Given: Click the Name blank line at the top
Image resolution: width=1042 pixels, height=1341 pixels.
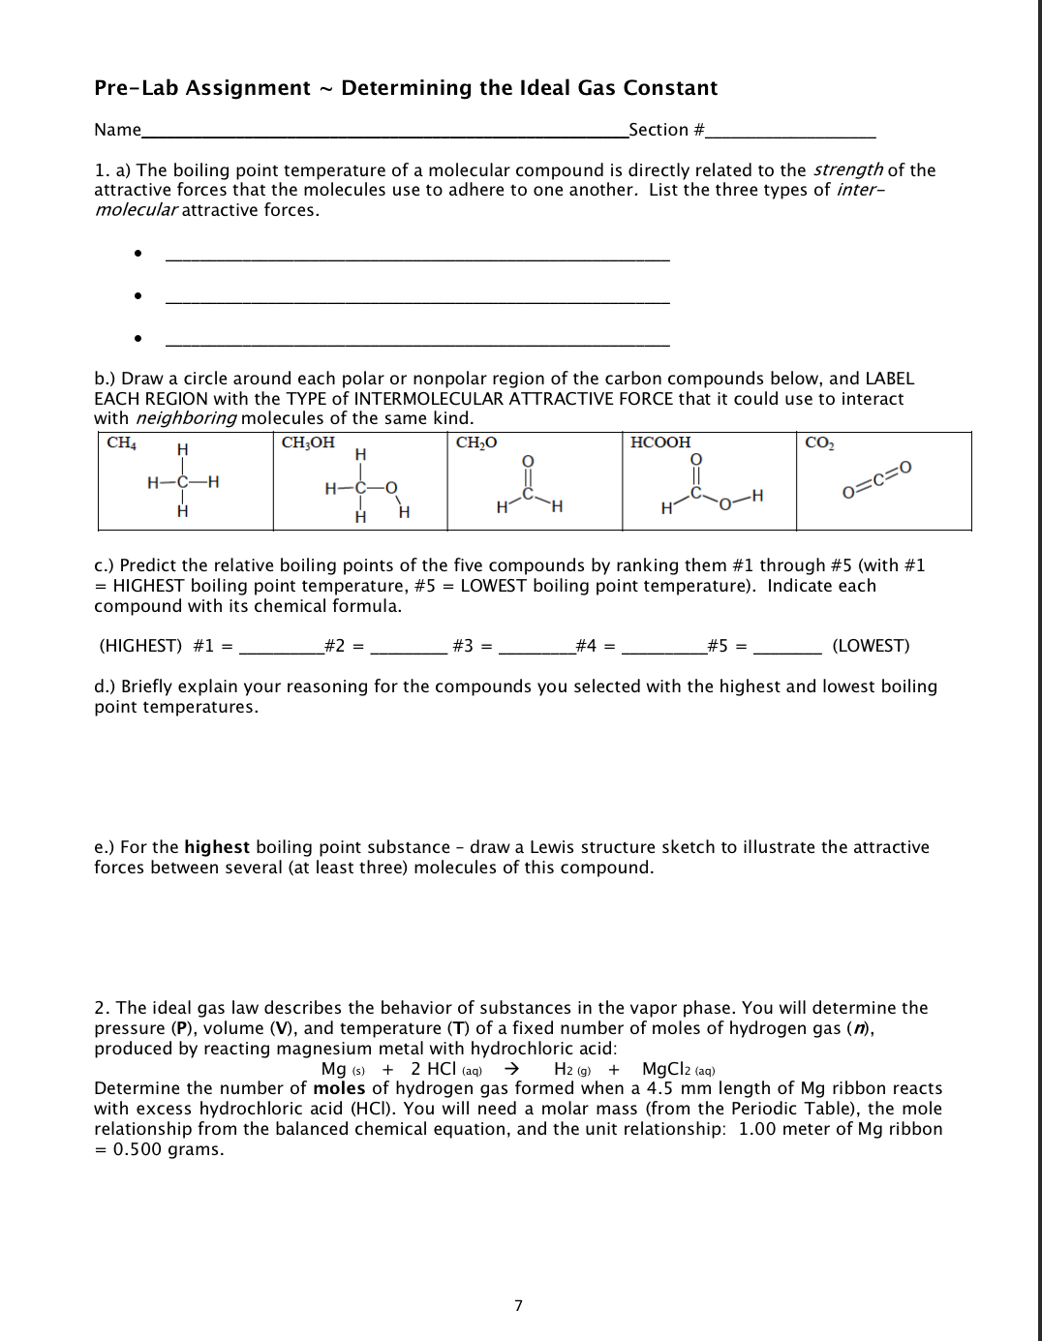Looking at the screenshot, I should [383, 134].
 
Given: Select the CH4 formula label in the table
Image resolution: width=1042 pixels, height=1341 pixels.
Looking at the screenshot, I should [120, 443].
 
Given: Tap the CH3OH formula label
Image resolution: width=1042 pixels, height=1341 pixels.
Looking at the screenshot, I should [307, 442].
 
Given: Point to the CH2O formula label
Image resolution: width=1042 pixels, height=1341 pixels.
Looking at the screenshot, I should [476, 442].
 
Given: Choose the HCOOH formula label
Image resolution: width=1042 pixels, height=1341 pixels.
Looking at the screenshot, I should [660, 442].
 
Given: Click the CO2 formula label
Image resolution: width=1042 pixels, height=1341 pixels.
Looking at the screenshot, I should [819, 442].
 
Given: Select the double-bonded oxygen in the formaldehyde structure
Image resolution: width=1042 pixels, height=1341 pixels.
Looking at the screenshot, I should [529, 461].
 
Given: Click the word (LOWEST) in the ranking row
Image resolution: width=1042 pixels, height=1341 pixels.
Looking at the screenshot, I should [871, 646].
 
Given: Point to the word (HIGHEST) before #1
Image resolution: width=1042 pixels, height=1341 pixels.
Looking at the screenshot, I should [140, 646].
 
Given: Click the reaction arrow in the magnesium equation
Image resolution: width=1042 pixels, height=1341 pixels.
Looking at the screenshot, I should [514, 1069].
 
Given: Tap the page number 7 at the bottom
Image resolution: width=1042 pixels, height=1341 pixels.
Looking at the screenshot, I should [517, 1306].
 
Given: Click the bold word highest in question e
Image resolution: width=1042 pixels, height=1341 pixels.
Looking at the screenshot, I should [217, 847].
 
